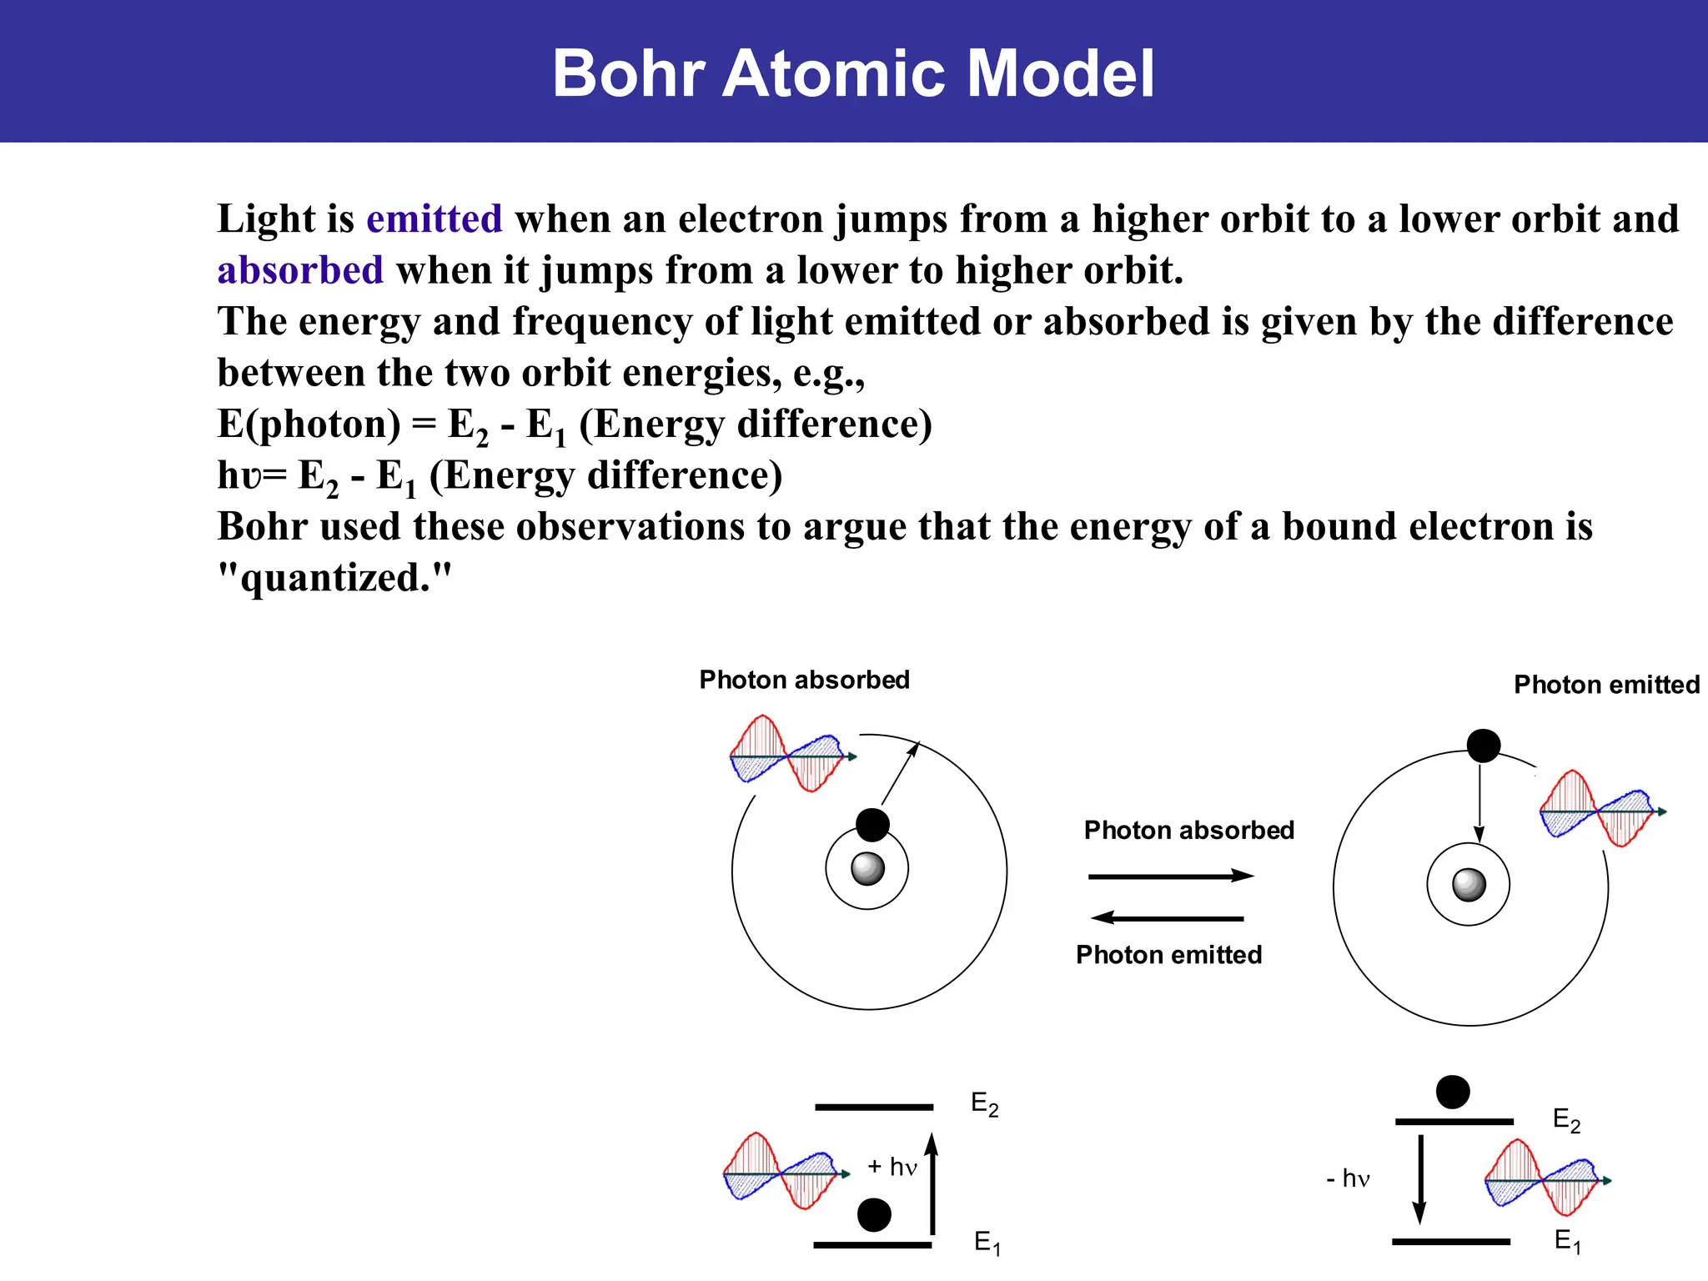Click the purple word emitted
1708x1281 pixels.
[434, 219]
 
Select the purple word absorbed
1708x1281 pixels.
[300, 270]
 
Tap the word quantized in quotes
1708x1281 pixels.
[335, 577]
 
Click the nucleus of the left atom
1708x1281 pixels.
[867, 868]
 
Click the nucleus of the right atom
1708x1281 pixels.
[1469, 884]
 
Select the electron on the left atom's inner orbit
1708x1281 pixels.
[872, 825]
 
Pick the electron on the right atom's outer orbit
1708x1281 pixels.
[1484, 746]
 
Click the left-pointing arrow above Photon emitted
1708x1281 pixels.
[1167, 918]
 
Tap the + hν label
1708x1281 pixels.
[892, 1167]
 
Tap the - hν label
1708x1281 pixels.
[1349, 1178]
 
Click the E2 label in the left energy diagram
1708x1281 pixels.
[985, 1104]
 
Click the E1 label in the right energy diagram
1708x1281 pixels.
[1568, 1241]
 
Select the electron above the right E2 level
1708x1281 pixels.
[1453, 1092]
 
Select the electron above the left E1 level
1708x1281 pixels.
[874, 1215]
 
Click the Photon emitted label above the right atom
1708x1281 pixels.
[1606, 685]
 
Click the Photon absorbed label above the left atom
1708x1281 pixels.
[804, 680]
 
